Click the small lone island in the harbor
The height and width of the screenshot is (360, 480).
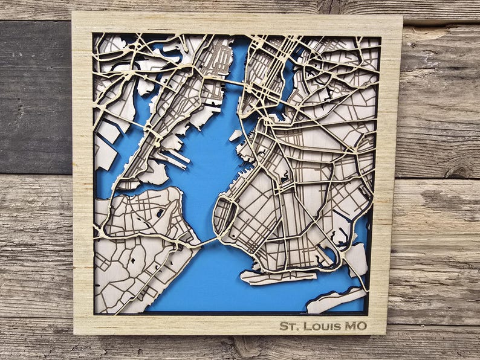pos(235,135)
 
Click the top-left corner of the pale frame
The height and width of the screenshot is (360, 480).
pos(74,13)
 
